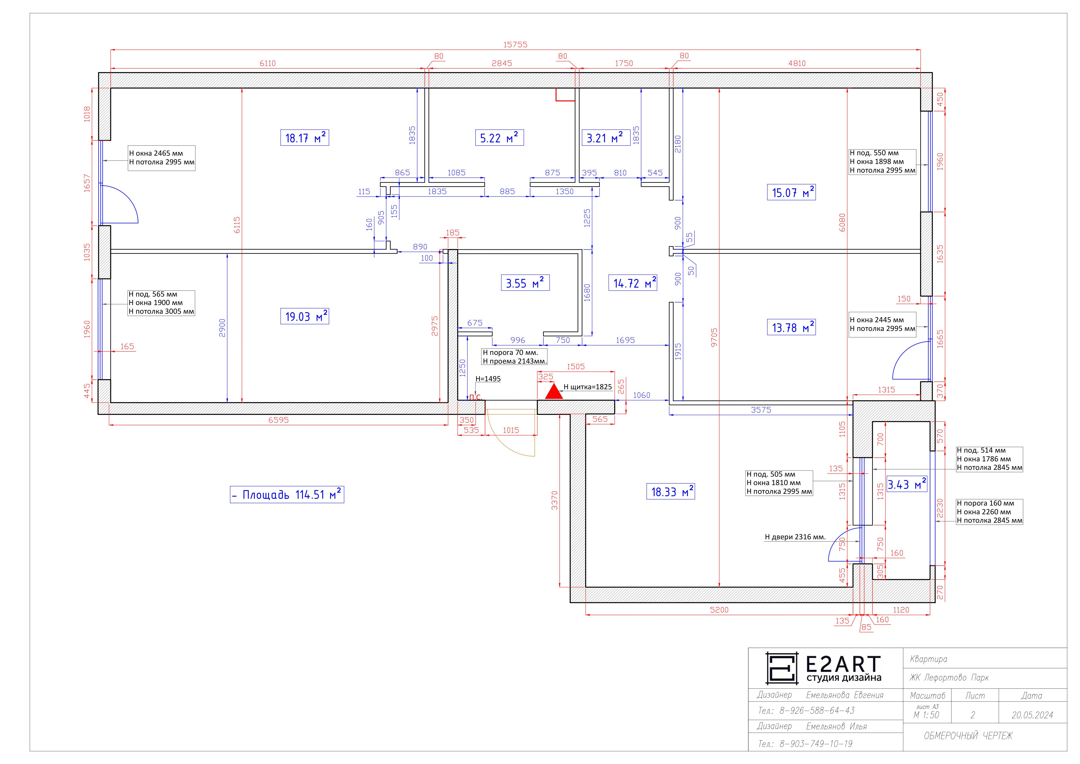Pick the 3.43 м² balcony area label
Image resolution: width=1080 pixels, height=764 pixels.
click(907, 484)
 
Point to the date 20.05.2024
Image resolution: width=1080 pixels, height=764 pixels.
click(1032, 715)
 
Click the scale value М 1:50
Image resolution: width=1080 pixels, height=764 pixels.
click(926, 715)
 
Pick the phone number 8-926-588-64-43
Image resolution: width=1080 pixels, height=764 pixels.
click(817, 710)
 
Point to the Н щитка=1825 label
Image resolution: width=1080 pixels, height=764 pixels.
click(588, 387)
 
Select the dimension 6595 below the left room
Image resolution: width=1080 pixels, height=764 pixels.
click(279, 420)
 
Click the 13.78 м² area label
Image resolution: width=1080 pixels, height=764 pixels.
click(791, 328)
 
